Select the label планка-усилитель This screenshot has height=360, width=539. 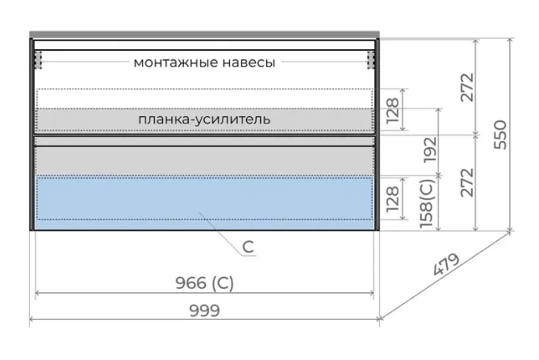tap(203, 119)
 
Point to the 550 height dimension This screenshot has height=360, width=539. tap(499, 135)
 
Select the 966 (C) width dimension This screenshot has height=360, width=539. tap(204, 283)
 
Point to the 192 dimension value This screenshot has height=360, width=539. tap(429, 151)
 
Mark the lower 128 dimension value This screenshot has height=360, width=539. tap(393, 199)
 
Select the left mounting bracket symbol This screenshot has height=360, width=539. tap(37, 59)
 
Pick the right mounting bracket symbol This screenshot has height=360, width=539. tap(371, 59)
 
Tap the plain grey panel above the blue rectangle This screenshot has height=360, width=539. tap(204, 160)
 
